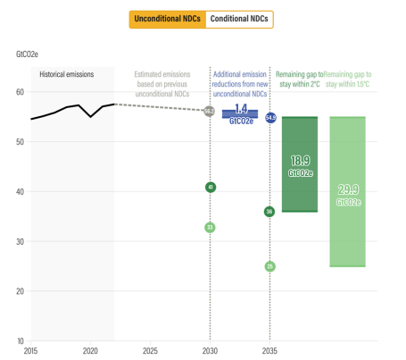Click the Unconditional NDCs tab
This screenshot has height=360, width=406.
[167, 19]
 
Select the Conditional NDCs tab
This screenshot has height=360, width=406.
[238, 19]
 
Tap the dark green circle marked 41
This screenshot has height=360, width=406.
[210, 188]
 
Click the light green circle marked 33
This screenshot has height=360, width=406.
[210, 227]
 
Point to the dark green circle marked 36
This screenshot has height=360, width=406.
[269, 212]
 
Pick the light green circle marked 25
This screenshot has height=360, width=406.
[269, 266]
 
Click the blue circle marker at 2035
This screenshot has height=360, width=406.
[270, 118]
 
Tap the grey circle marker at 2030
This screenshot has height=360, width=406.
[209, 112]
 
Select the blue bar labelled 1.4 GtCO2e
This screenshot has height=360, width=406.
[239, 114]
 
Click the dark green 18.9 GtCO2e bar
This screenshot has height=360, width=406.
[300, 164]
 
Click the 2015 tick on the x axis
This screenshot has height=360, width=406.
[30, 351]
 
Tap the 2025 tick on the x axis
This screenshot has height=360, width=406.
[150, 351]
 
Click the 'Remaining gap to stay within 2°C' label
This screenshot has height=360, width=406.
[300, 78]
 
